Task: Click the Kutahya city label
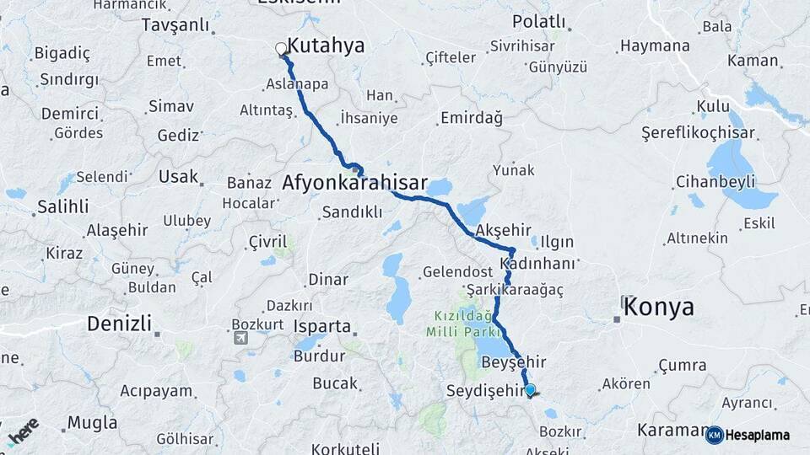326,45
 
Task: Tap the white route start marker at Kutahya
281,48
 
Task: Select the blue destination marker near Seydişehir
530,389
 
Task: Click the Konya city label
659,308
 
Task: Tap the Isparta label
321,326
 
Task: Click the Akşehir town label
503,229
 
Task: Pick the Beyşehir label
513,362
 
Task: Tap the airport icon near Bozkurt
241,338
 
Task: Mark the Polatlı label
535,19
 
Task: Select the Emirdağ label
471,118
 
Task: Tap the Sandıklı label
352,212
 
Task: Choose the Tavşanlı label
175,24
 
